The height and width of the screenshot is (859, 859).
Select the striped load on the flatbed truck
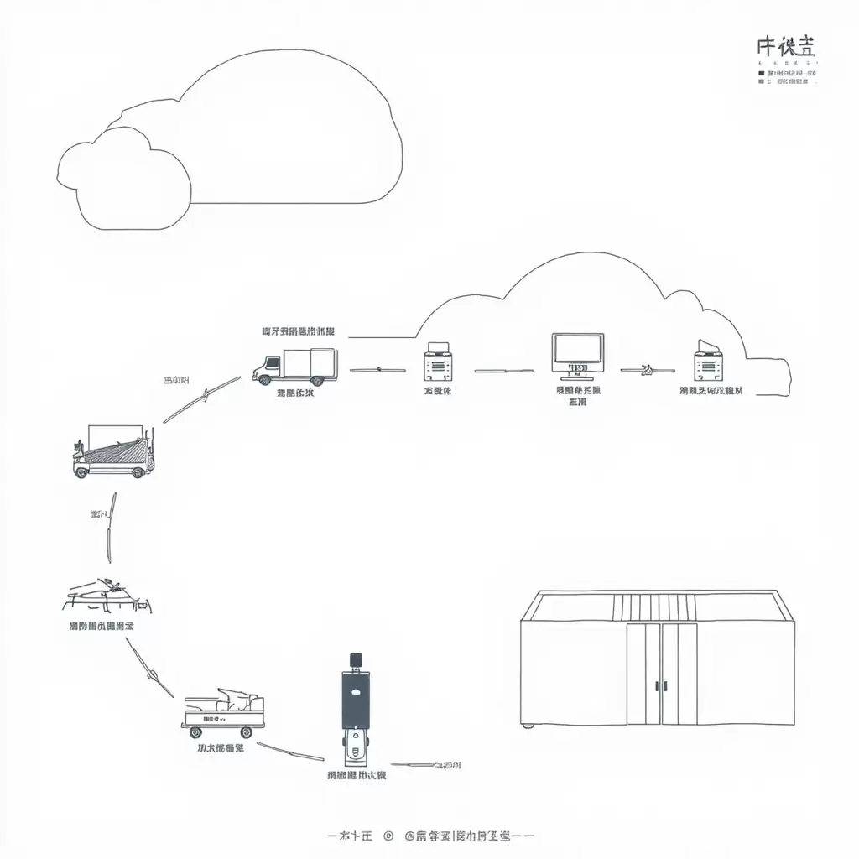(116, 452)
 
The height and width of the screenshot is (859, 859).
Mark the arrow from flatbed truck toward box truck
(202, 398)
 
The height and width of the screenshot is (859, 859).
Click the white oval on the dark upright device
(355, 693)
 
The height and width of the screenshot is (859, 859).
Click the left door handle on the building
(657, 685)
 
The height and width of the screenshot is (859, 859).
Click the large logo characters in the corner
(785, 48)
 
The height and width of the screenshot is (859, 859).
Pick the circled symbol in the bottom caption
(388, 836)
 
